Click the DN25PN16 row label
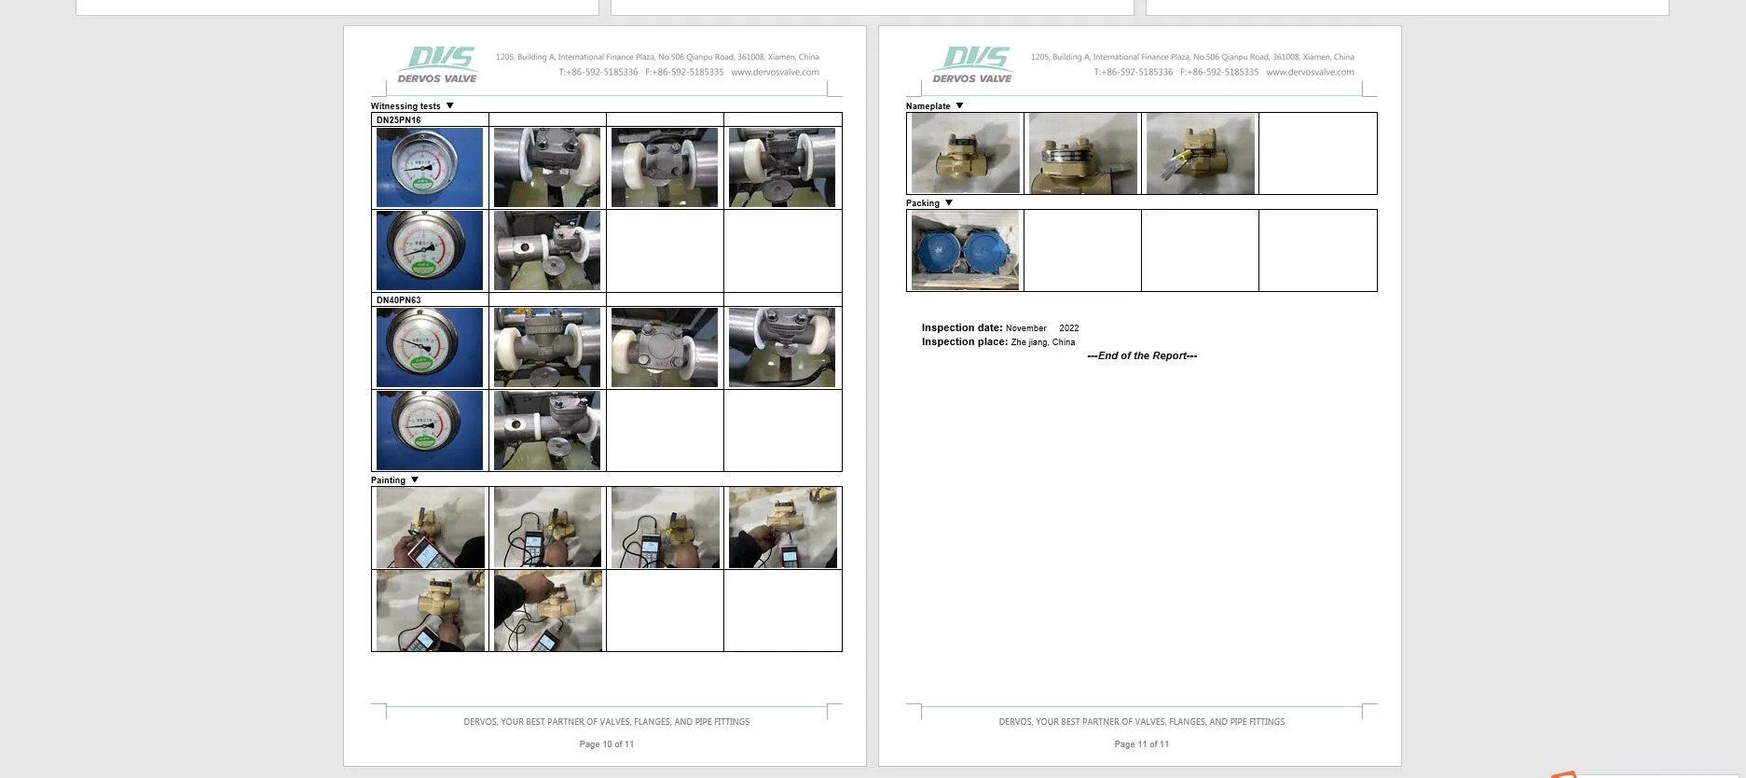click(x=399, y=120)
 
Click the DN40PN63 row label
click(x=399, y=300)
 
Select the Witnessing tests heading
click(x=406, y=106)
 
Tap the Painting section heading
click(x=388, y=480)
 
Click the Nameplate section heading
click(x=928, y=106)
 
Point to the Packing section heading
click(x=922, y=203)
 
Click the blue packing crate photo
click(x=965, y=250)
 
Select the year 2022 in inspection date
click(x=1068, y=328)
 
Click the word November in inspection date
click(x=1025, y=328)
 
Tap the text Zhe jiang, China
click(x=1042, y=342)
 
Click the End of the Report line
click(x=1141, y=355)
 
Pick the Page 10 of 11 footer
click(x=606, y=744)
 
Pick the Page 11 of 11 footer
click(x=1141, y=744)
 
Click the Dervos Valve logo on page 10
click(x=437, y=64)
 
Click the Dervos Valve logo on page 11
click(x=972, y=64)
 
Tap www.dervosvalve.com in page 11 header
click(x=1310, y=72)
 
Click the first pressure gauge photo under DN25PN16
click(x=430, y=167)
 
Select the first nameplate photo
click(x=965, y=153)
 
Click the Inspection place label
click(x=964, y=342)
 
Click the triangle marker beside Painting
click(x=415, y=480)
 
